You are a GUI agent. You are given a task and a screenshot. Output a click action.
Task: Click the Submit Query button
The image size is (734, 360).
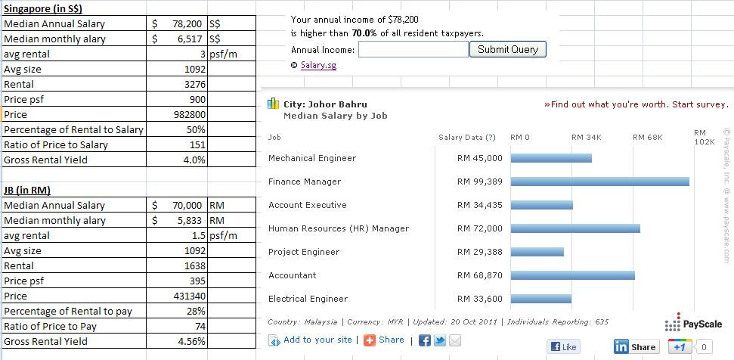point(508,50)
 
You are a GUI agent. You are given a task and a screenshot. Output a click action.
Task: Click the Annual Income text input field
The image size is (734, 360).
point(413,50)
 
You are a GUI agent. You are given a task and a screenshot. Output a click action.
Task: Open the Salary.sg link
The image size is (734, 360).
point(318,65)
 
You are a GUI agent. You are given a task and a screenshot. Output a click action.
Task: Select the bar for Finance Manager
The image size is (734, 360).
point(599,182)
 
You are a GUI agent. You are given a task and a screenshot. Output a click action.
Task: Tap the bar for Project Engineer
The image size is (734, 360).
point(537,252)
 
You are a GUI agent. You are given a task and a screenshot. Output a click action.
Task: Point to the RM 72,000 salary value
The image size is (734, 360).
point(479,228)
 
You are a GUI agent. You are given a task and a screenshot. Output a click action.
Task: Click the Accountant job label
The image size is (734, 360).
point(292,275)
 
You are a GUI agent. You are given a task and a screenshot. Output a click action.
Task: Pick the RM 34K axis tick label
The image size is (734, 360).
point(586,138)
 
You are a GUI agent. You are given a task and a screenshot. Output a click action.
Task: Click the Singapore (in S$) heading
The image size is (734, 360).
point(43,8)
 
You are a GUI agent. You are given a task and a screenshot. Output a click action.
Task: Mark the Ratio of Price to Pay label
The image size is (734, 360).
point(51,326)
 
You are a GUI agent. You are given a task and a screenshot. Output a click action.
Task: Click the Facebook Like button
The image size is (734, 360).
point(564,346)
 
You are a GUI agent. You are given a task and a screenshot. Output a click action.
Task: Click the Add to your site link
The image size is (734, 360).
point(317,340)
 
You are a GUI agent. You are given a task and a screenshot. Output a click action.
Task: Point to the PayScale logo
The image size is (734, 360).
point(693,324)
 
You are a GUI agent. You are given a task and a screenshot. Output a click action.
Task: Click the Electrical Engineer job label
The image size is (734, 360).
point(308,299)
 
